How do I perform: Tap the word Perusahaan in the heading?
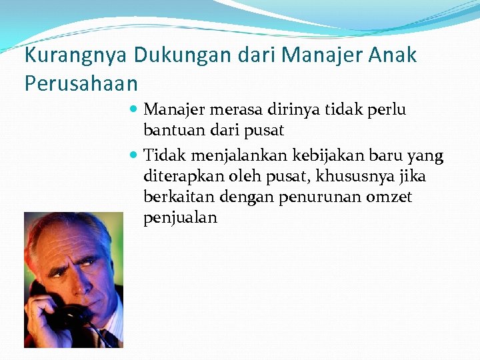[x=81, y=84]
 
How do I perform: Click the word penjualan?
[x=180, y=219]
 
